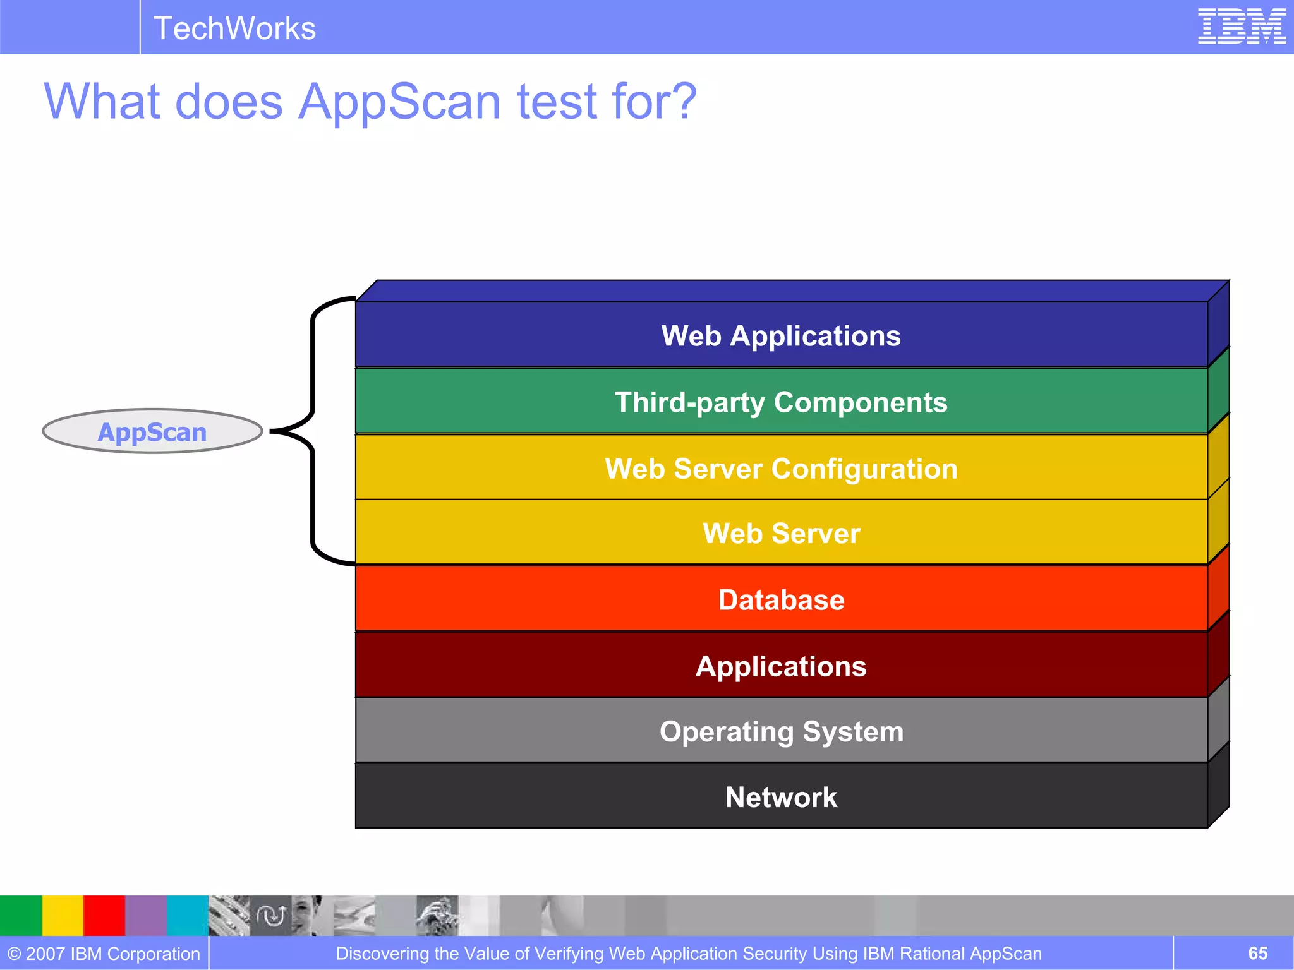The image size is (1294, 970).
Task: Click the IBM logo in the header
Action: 1241,27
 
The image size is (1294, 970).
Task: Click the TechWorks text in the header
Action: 234,28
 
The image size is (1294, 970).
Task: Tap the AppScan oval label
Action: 152,432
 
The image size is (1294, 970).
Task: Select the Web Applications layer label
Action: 781,335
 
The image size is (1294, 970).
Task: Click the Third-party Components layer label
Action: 781,402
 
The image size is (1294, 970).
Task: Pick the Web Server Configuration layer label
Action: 781,469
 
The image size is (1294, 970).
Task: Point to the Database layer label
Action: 781,599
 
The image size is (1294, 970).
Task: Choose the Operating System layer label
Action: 781,731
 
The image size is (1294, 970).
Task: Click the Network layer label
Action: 781,797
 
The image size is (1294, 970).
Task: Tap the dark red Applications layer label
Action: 781,666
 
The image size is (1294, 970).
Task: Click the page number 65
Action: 1257,953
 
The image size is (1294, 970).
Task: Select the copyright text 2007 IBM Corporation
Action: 104,954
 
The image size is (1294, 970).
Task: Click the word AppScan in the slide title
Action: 399,102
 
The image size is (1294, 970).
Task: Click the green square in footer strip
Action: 21,915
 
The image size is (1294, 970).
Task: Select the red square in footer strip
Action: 104,915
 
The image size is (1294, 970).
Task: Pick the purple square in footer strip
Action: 146,915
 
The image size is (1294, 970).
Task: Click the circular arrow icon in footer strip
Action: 271,915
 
